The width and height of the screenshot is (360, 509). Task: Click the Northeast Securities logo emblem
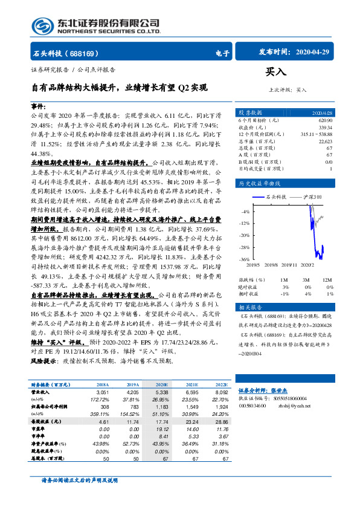[41, 26]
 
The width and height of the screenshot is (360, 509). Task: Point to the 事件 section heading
[38, 106]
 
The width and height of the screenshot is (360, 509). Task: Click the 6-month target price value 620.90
[324, 120]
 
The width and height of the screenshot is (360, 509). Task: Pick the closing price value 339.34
[324, 128]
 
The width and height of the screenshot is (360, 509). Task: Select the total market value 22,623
[324, 141]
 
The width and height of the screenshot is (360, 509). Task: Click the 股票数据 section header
[250, 113]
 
